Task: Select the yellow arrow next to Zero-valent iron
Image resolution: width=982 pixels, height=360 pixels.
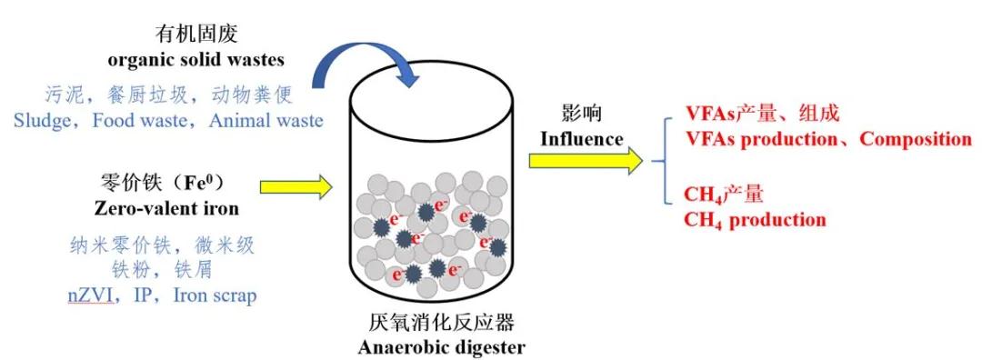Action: tap(296, 186)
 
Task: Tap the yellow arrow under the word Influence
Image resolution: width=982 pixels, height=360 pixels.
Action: tap(586, 161)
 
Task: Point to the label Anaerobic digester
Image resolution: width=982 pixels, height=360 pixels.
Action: tap(442, 346)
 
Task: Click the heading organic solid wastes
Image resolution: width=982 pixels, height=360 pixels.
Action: tap(196, 59)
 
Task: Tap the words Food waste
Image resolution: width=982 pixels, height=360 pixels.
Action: tap(140, 120)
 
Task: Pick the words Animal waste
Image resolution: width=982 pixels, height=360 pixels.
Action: tap(266, 120)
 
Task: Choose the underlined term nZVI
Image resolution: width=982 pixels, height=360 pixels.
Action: tap(89, 295)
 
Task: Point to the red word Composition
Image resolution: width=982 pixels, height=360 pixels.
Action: tap(916, 138)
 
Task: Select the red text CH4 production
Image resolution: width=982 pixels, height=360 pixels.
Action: tap(755, 220)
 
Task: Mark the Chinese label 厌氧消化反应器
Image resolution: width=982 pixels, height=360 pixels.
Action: tap(442, 324)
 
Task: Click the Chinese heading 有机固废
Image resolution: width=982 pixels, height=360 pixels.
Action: tap(196, 35)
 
